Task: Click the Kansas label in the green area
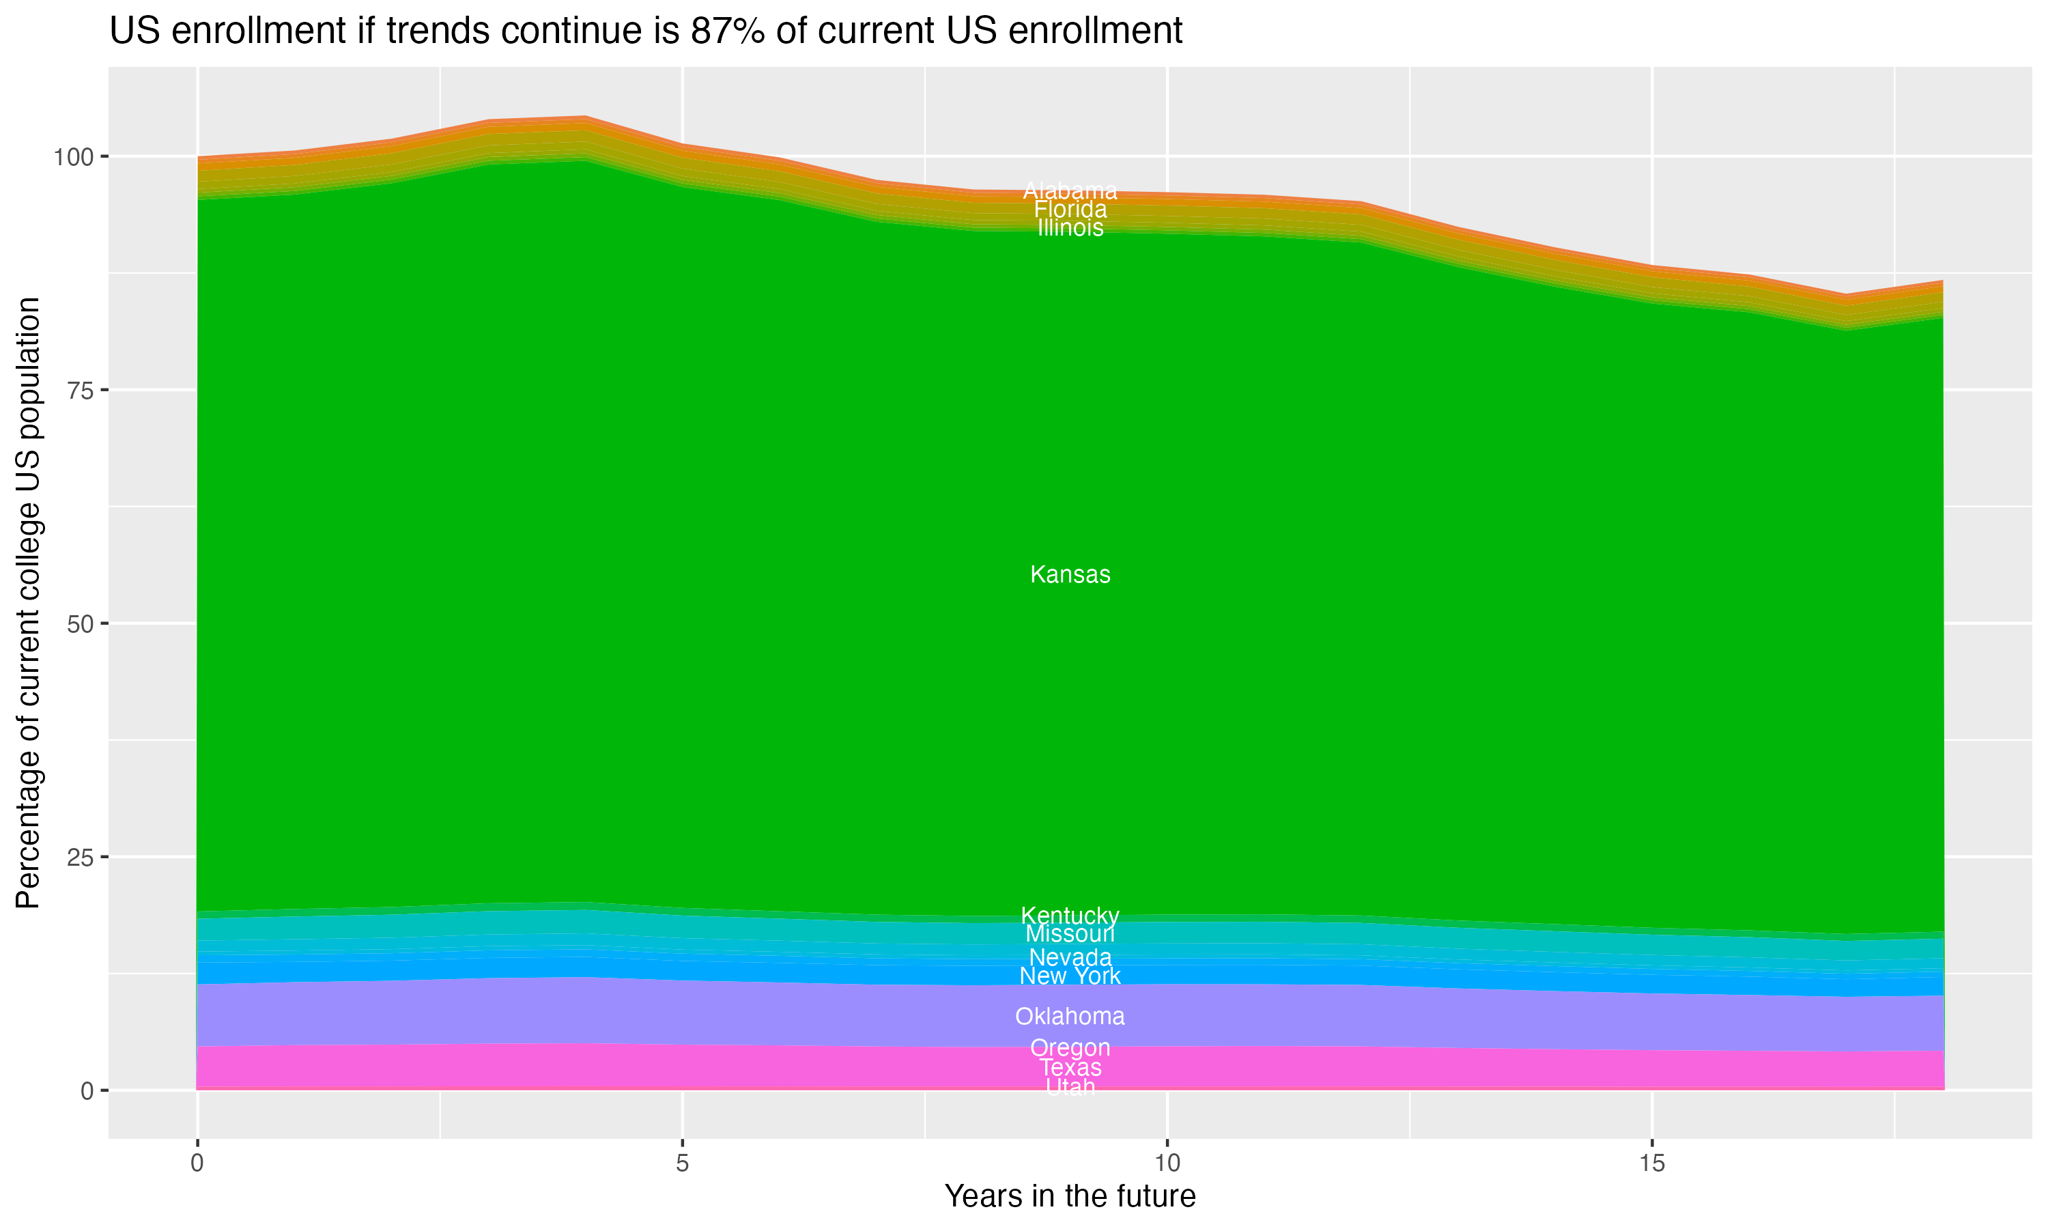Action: pyautogui.click(x=1070, y=575)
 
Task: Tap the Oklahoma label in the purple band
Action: pyautogui.click(x=1070, y=1016)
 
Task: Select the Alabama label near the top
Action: pyautogui.click(x=1070, y=191)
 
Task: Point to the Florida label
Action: pyautogui.click(x=1070, y=210)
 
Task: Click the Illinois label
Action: pyautogui.click(x=1070, y=228)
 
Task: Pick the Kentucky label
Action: pyautogui.click(x=1070, y=916)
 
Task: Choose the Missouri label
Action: pyautogui.click(x=1070, y=934)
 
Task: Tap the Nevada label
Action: pyautogui.click(x=1070, y=957)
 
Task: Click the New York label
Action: pyautogui.click(x=1070, y=976)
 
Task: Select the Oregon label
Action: pyautogui.click(x=1070, y=1047)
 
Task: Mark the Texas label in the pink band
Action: pyautogui.click(x=1070, y=1067)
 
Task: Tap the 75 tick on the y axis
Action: pyautogui.click(x=81, y=390)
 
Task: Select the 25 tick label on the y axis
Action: pyautogui.click(x=81, y=857)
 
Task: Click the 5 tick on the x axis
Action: pyautogui.click(x=682, y=1163)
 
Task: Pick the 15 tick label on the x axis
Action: pyautogui.click(x=1651, y=1163)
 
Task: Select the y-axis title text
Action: pyautogui.click(x=29, y=602)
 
